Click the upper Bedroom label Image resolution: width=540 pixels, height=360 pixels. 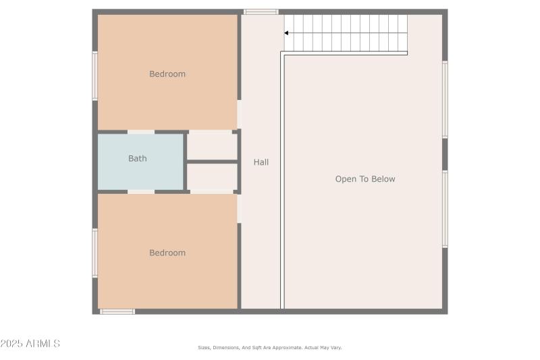[x=167, y=74]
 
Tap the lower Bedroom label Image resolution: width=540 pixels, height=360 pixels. [x=167, y=253]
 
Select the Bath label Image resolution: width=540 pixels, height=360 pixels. [x=138, y=159]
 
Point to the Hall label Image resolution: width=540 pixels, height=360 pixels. [x=261, y=162]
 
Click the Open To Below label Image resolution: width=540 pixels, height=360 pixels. [x=365, y=179]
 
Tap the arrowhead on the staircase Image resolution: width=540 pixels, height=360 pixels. [x=287, y=32]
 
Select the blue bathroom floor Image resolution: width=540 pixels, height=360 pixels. [x=140, y=174]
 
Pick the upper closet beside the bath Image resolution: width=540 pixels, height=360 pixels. [x=212, y=146]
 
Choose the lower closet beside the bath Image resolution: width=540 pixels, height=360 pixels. [x=212, y=176]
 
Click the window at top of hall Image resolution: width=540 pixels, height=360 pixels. [x=261, y=11]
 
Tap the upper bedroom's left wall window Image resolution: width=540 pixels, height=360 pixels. [x=95, y=76]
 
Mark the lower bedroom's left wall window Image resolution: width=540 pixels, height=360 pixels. [x=95, y=253]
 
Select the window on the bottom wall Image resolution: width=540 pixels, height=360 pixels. [x=117, y=311]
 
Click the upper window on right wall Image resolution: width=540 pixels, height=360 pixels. [x=445, y=99]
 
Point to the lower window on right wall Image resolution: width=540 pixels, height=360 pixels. [x=445, y=209]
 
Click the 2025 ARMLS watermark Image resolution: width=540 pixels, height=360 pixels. [x=30, y=344]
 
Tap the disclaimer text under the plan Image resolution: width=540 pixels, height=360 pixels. [x=270, y=348]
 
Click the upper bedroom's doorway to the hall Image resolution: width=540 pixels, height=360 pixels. [x=240, y=114]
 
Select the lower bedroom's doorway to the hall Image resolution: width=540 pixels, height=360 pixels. [x=240, y=208]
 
